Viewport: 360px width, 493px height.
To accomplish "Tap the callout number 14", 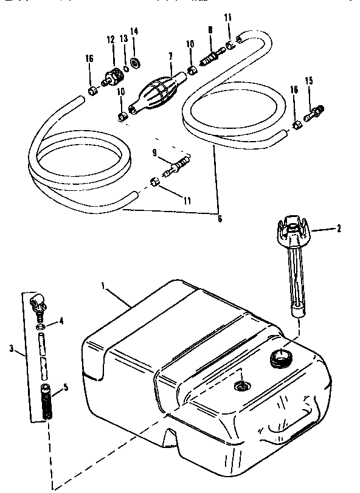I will click(x=134, y=31).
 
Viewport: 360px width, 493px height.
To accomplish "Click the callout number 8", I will click(x=210, y=29).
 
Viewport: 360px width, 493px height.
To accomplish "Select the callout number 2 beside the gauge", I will click(x=339, y=229).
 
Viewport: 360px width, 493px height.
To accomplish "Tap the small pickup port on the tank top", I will click(x=241, y=385).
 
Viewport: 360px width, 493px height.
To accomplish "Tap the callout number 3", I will click(x=12, y=348).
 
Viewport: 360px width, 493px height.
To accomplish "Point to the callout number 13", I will click(x=123, y=38).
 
